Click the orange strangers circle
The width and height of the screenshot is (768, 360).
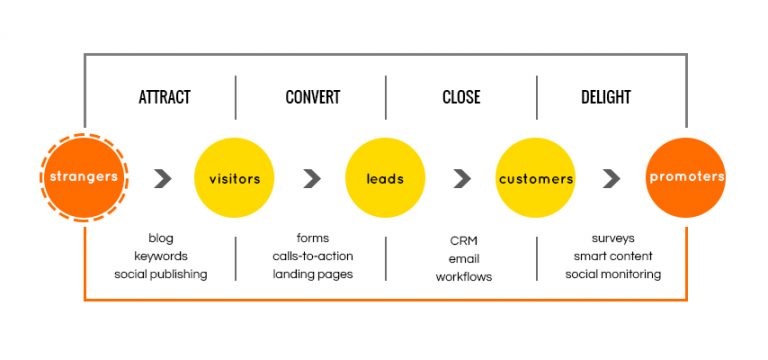point(85,178)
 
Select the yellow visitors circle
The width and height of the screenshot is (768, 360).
point(234,178)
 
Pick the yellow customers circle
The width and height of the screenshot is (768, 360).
point(536,178)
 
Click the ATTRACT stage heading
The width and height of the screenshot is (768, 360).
point(164,97)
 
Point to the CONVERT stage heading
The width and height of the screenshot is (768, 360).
point(312,97)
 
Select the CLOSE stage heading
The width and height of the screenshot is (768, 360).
point(461,97)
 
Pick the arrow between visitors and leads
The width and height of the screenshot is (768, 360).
point(312,179)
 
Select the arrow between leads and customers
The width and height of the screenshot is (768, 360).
point(462,179)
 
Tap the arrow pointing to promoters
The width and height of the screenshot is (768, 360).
point(611,179)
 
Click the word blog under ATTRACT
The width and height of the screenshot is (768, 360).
point(161,238)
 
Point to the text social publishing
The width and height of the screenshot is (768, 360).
point(161,274)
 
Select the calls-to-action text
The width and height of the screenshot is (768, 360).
point(312,256)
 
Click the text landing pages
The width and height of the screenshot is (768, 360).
point(312,274)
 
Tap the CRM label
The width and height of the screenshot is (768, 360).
point(463,240)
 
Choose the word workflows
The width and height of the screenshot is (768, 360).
point(463,276)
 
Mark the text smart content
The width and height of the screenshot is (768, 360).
point(612,256)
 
